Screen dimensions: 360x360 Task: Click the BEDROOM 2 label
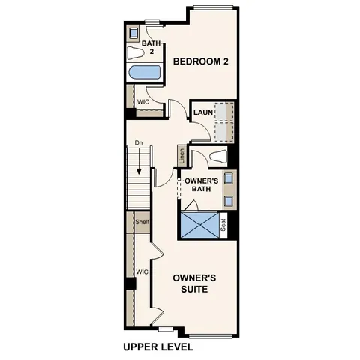click(x=200, y=61)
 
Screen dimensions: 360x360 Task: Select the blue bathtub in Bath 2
click(x=144, y=73)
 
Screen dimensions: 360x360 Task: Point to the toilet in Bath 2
click(x=135, y=53)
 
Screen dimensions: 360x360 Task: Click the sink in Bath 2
click(x=133, y=33)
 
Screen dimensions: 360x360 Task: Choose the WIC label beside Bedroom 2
click(x=142, y=100)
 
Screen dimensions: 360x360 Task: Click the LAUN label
click(x=201, y=112)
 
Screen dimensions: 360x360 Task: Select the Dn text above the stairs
click(x=139, y=142)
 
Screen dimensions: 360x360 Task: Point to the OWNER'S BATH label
click(x=201, y=184)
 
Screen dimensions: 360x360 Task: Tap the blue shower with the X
click(x=199, y=225)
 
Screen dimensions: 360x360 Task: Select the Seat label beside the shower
click(x=223, y=225)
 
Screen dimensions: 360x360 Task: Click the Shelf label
click(x=142, y=222)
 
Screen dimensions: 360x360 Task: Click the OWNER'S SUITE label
click(x=195, y=282)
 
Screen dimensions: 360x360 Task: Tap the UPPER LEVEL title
click(x=157, y=347)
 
